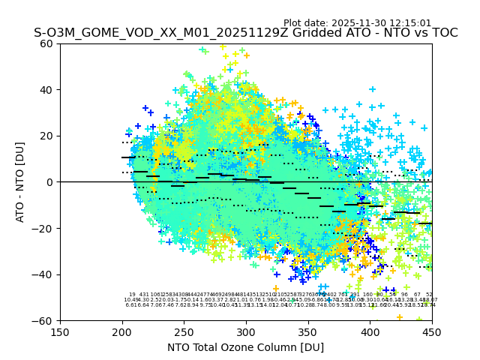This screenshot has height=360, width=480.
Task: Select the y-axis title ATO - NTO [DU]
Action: coord(21,182)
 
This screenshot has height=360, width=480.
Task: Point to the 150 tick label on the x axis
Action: coord(60,331)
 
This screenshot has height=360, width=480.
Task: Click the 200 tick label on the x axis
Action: coord(122,331)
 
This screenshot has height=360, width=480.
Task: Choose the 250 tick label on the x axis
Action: coord(184,331)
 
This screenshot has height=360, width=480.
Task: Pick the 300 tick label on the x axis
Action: coord(246,331)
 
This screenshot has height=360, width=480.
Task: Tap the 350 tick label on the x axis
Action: coord(308,331)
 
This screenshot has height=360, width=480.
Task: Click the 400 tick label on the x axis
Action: coord(370,331)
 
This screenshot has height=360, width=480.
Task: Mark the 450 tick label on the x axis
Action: coord(432,331)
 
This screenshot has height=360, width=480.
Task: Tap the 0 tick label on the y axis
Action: coord(51,182)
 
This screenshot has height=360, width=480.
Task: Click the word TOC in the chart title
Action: coord(442,34)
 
